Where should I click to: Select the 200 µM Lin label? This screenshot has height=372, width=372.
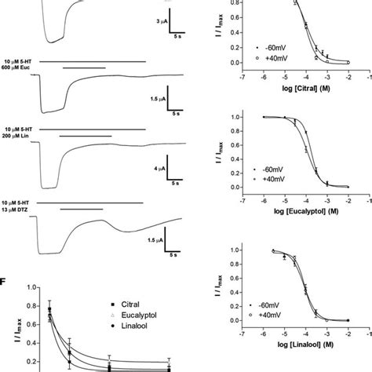(18, 136)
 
